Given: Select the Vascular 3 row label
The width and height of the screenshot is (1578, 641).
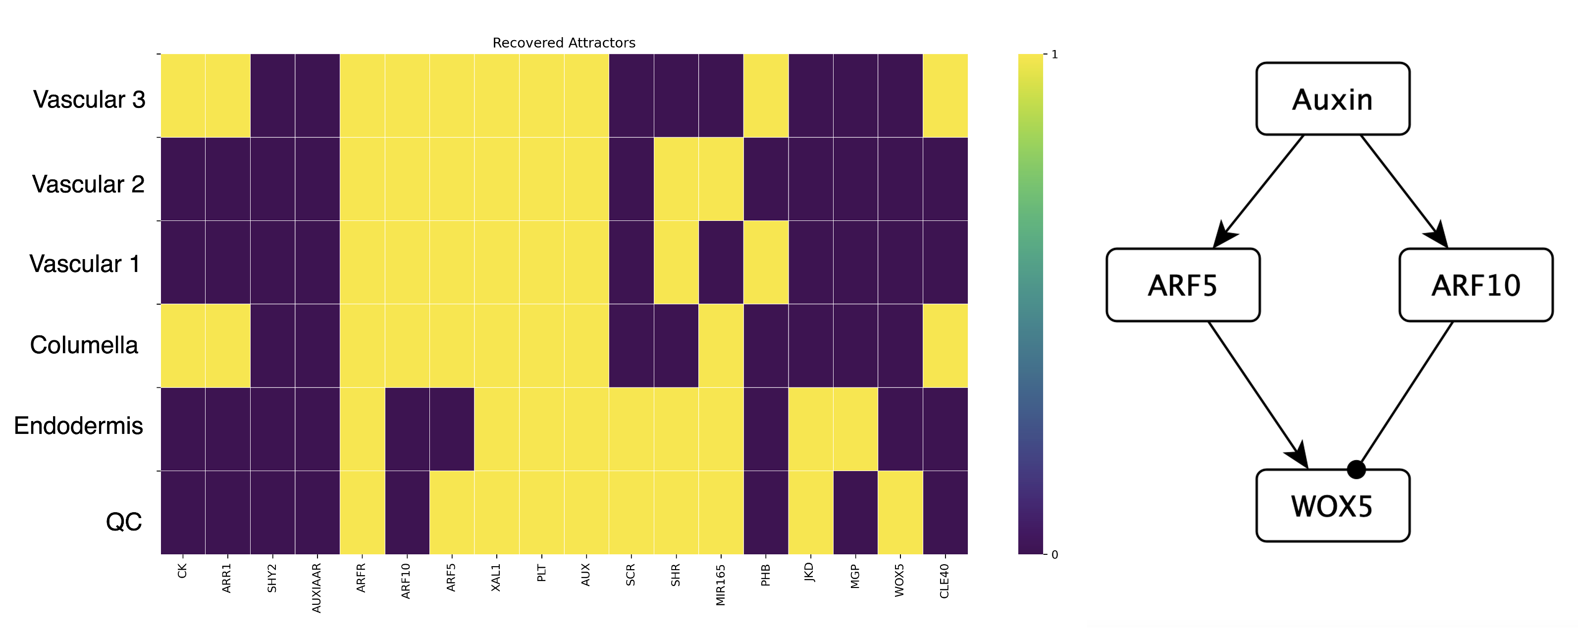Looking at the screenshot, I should click(90, 99).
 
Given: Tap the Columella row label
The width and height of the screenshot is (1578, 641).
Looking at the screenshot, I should click(84, 345).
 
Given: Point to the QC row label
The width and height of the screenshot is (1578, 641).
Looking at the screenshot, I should click(124, 522).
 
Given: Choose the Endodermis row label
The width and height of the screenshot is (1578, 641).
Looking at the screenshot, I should click(78, 426).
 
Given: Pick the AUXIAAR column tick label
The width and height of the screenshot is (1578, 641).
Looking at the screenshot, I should click(316, 588).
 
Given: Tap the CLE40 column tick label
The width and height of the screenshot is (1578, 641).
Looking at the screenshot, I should click(945, 581).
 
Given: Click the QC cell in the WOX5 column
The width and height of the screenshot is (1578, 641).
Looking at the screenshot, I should click(900, 512).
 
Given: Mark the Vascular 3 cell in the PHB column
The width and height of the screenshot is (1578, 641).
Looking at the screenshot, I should click(766, 96).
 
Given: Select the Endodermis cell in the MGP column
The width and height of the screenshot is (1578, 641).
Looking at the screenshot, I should click(855, 429).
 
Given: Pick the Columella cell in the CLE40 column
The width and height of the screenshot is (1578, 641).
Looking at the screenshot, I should click(945, 346).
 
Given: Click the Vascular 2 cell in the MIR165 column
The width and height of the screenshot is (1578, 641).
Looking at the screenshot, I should click(721, 179).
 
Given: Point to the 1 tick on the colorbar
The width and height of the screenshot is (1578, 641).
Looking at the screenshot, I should click(1054, 54).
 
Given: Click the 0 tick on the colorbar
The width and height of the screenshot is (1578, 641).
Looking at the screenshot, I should click(1054, 555).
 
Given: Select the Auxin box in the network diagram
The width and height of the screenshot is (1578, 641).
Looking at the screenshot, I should click(1332, 99).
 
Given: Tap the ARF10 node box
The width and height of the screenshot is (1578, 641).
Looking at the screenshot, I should click(1475, 285).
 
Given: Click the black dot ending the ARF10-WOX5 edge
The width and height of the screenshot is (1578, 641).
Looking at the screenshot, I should click(1356, 470).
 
